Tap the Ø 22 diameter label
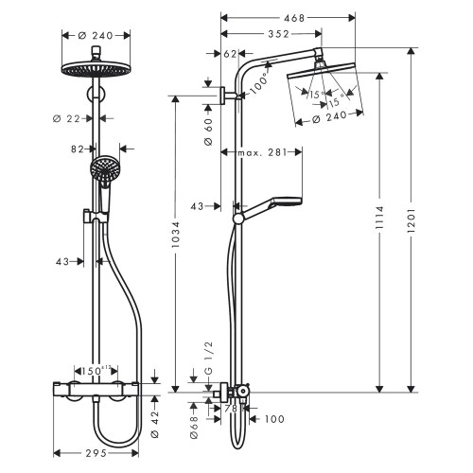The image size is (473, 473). [x=68, y=117]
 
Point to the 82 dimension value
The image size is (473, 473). [x=80, y=149]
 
